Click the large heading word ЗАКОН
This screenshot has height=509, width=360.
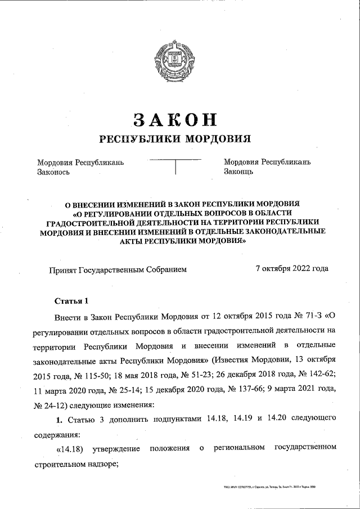174,119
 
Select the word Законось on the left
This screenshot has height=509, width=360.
53,172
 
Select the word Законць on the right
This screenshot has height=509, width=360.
238,172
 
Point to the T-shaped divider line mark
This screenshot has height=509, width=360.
175,166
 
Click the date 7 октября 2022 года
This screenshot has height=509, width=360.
291,269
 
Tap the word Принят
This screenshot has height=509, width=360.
64,269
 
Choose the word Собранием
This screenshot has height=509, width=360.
166,269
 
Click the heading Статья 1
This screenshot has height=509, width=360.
71,299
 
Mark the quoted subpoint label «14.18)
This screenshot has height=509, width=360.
70,448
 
